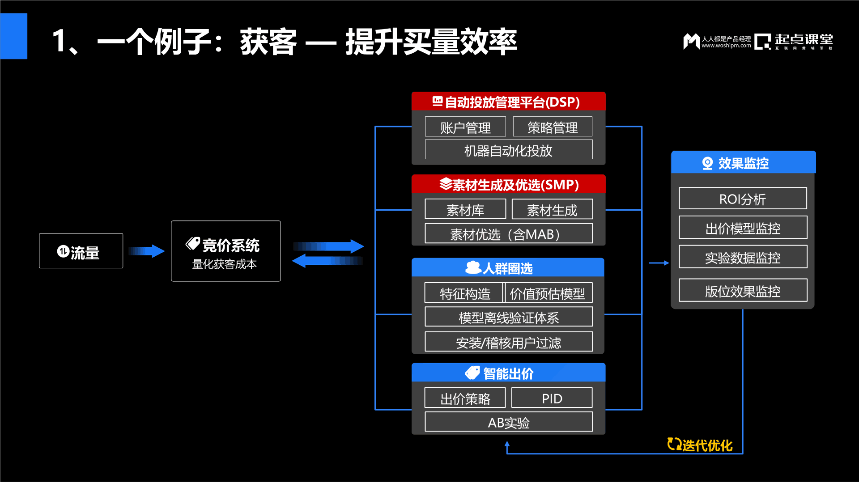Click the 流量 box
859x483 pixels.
coord(81,251)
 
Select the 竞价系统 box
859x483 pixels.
coord(225,251)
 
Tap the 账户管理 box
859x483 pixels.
coord(465,127)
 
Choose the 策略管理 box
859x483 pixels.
coord(553,127)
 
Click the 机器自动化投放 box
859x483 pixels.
coord(508,150)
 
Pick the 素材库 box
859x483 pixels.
coord(465,209)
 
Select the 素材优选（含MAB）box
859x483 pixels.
coord(508,233)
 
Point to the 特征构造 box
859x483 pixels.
coord(464,293)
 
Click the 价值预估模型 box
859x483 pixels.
coord(548,293)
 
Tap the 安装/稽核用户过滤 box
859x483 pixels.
coord(508,342)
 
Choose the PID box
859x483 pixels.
coord(552,398)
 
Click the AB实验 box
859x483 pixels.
coord(508,422)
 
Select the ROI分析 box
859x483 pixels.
coord(743,199)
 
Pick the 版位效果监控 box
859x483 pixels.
coord(743,291)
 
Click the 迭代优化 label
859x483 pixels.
coord(701,445)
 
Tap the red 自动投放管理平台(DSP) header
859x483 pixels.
coord(508,102)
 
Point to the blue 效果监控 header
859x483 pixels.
coord(743,163)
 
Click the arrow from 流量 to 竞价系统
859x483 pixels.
coord(147,251)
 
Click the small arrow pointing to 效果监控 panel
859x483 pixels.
coord(659,263)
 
